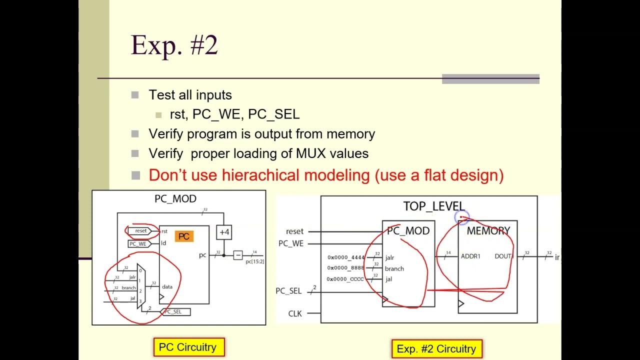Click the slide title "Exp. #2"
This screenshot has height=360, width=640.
(x=174, y=45)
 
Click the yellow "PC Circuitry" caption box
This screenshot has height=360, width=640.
(x=187, y=347)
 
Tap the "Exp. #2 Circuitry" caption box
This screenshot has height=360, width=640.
(x=436, y=349)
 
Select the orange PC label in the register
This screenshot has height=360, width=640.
(x=184, y=236)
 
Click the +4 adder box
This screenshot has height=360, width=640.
(x=224, y=232)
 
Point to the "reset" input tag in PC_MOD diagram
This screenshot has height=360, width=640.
(x=140, y=231)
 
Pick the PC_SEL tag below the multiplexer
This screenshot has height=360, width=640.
(x=175, y=311)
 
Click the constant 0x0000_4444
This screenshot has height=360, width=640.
(x=346, y=257)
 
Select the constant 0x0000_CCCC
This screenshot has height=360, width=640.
(x=345, y=279)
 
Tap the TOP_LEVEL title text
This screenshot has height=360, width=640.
(x=434, y=206)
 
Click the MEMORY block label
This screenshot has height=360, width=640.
(x=488, y=231)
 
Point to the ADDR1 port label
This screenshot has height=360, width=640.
(x=471, y=256)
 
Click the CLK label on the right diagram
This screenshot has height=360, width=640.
(x=295, y=313)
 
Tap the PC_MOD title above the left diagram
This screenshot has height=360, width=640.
(x=175, y=199)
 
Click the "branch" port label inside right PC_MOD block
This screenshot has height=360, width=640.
(x=394, y=268)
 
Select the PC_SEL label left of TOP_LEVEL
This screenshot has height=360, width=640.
(x=289, y=290)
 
